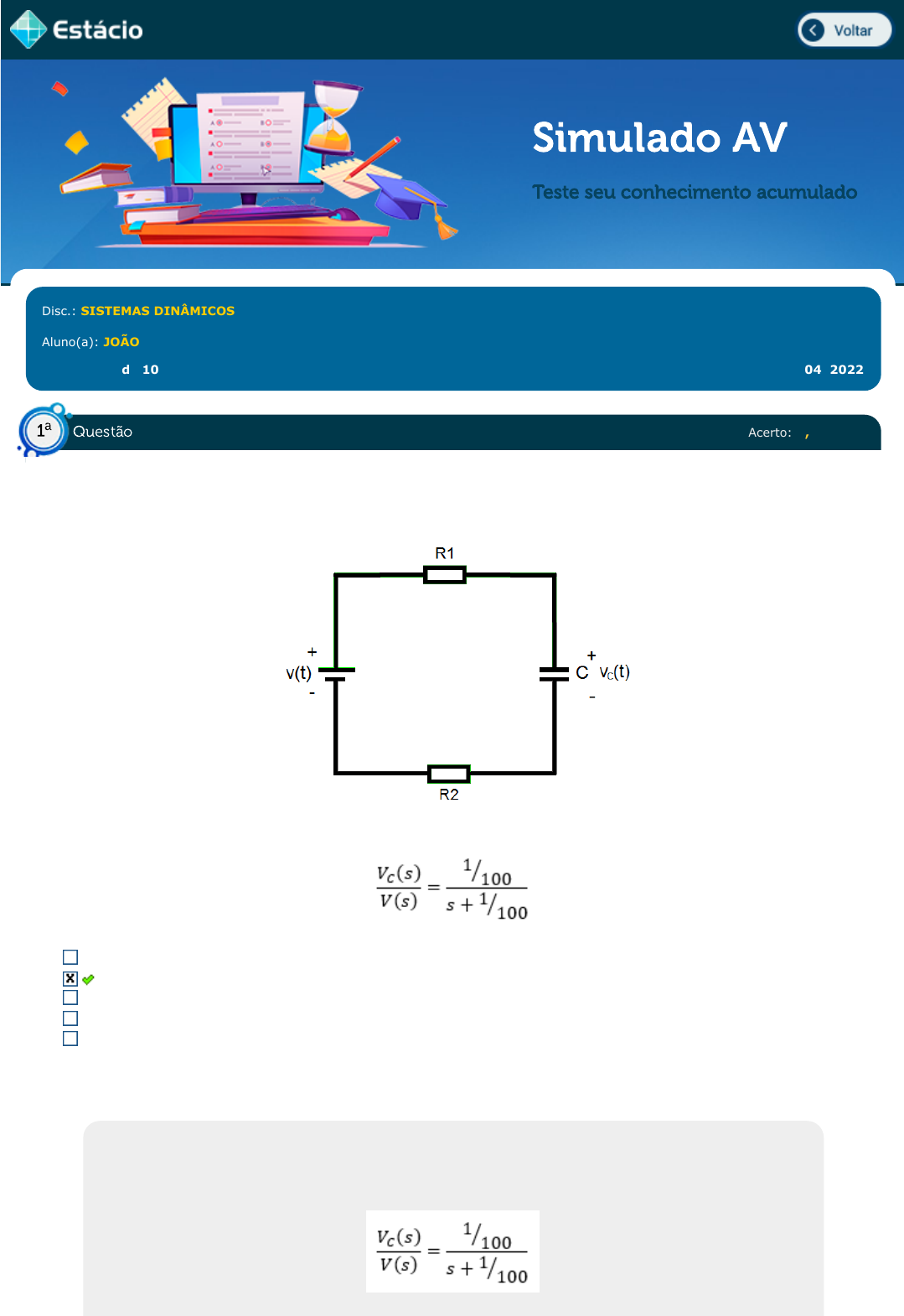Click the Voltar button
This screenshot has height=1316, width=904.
coord(845,30)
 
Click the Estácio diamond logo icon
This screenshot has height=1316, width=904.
coord(28,29)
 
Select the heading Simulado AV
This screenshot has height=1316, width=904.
coord(659,137)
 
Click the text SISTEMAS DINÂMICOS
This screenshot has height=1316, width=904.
coord(158,311)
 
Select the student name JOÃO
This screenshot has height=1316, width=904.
coord(121,342)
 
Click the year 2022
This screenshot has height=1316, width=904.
coord(846,370)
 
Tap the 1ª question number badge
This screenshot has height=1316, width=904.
coord(44,431)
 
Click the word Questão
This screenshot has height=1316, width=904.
coord(102,432)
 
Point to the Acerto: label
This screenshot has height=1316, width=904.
coord(769,433)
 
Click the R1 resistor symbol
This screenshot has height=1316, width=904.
coord(445,575)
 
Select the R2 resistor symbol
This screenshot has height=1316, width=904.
coord(448,773)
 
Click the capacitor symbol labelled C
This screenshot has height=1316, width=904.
coord(554,673)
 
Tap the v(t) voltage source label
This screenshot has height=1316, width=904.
coord(298,673)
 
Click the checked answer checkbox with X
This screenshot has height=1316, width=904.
coord(70,978)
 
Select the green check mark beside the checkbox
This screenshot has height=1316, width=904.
coord(88,979)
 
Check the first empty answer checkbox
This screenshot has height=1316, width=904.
coord(70,957)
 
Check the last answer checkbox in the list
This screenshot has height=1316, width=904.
coord(70,1039)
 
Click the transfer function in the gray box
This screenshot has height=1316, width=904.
coord(452,1251)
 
